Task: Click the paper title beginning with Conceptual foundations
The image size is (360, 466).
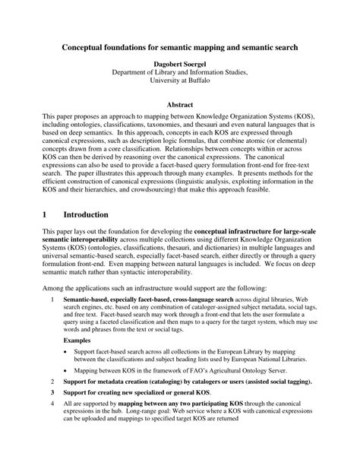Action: [179, 46]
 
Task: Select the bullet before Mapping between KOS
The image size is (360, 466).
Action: [67, 384]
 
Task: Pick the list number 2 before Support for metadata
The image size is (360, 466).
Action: [52, 401]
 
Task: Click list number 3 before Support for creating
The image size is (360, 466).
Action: [52, 413]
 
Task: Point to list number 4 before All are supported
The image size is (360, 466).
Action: [52, 426]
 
